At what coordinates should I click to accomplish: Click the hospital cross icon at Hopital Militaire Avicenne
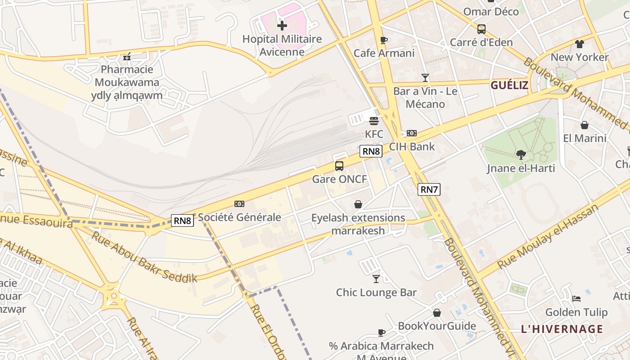pos(282,26)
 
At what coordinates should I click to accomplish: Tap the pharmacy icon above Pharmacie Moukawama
pos(127,57)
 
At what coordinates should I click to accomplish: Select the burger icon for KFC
pos(374,121)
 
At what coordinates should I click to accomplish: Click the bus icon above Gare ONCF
pos(339,166)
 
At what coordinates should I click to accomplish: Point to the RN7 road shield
pos(429,189)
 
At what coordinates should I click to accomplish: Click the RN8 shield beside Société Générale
pos(183,220)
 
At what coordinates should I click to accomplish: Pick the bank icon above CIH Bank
pos(412,133)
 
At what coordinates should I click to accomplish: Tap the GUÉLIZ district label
pos(509,85)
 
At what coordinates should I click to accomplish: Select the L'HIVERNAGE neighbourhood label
pos(562,329)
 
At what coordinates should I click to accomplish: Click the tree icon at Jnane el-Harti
pos(521,155)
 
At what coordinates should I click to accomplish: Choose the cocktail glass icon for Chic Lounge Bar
pos(376,279)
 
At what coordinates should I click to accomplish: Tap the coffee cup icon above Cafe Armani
pos(384,40)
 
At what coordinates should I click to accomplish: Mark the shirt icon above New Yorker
pos(579,44)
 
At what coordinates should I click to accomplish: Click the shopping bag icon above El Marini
pos(585,125)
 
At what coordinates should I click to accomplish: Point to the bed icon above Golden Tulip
pos(576,299)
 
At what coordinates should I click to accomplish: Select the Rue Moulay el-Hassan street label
pos(549,237)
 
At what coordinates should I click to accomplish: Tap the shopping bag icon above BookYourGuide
pos(437,313)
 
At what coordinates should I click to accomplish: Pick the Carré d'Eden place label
pos(481,42)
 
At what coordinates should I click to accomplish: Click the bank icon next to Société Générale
pos(239,204)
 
